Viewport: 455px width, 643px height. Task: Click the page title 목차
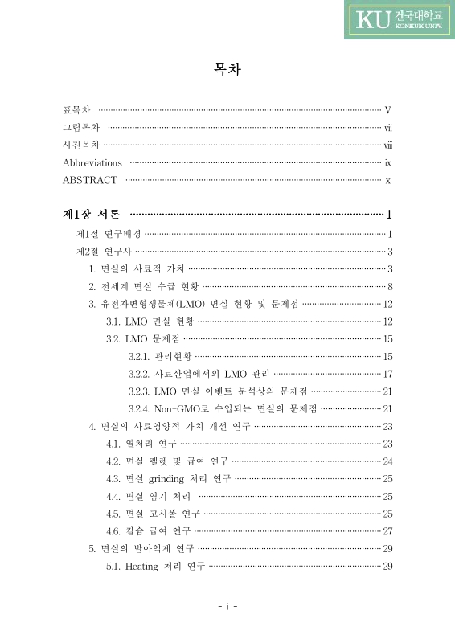[227, 71]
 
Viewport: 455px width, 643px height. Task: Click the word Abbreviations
[92, 163]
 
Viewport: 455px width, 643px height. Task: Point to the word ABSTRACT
[90, 181]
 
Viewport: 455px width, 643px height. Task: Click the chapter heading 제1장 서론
[92, 215]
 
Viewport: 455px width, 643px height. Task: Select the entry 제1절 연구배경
[109, 235]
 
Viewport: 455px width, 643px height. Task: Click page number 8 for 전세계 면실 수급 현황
[389, 287]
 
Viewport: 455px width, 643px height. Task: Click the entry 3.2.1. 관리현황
[158, 356]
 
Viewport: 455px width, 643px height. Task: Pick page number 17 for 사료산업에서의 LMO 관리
[387, 374]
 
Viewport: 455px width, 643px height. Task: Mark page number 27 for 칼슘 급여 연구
[387, 531]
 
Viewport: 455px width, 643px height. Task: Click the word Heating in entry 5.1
[142, 567]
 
